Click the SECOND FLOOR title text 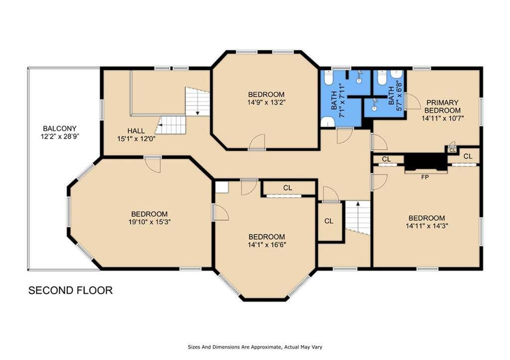pyautogui.click(x=70, y=290)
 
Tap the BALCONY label pyautogui.click(x=60, y=128)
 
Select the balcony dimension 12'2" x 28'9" pyautogui.click(x=60, y=136)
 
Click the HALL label pyautogui.click(x=136, y=131)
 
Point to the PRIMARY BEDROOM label pyautogui.click(x=442, y=107)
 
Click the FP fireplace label pyautogui.click(x=425, y=177)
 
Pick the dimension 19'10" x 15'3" pyautogui.click(x=149, y=222)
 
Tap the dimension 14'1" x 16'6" pyautogui.click(x=267, y=244)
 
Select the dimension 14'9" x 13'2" pyautogui.click(x=266, y=103)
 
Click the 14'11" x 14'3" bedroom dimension pyautogui.click(x=427, y=226)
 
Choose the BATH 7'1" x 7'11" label pyautogui.click(x=338, y=101)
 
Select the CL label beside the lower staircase pyautogui.click(x=329, y=221)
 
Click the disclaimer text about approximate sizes pyautogui.click(x=255, y=347)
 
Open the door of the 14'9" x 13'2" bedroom pyautogui.click(x=257, y=142)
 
